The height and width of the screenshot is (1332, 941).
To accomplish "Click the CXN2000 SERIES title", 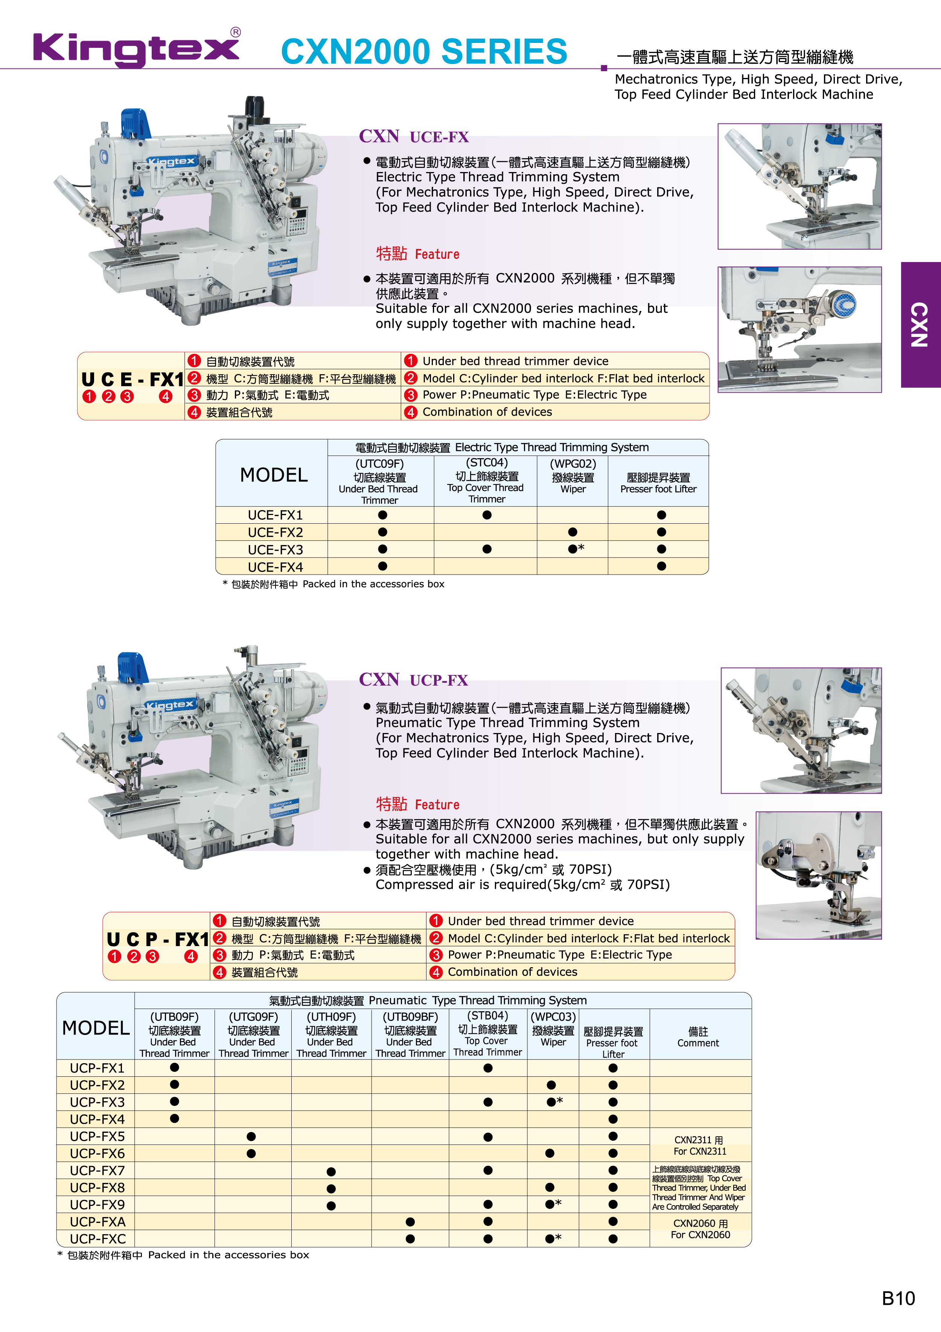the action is click(x=424, y=51).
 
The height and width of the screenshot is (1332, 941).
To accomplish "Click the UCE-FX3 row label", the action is click(x=275, y=549).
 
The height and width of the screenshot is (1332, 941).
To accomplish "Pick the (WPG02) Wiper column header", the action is click(x=573, y=476).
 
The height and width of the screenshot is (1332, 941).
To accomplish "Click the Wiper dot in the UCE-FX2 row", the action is click(x=573, y=532).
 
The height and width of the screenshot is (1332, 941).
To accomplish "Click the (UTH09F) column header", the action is click(x=331, y=1034).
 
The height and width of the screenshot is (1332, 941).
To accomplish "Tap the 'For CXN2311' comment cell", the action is click(x=700, y=1145).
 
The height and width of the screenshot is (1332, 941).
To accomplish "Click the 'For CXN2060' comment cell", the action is click(x=700, y=1229).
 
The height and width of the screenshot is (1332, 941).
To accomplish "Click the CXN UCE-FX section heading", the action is click(x=414, y=136).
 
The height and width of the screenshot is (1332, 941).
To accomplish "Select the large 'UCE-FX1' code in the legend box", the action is click(x=132, y=379).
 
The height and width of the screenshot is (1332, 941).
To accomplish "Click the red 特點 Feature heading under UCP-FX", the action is click(x=417, y=804).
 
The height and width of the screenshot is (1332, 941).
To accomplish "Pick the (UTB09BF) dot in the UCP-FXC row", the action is click(x=410, y=1239).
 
